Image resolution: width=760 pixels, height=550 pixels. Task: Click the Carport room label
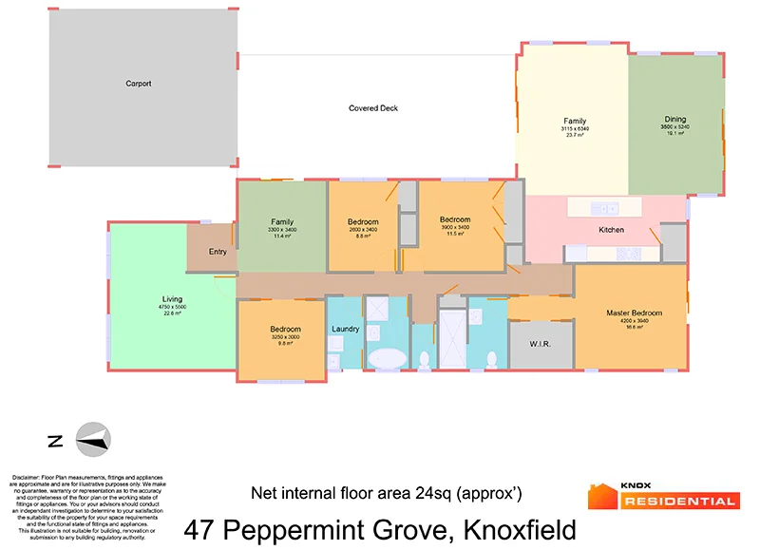point(139,84)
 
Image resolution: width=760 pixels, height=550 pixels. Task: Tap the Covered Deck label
point(373,108)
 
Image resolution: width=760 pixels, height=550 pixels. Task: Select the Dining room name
point(675,121)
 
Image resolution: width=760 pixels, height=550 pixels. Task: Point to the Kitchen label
point(611,231)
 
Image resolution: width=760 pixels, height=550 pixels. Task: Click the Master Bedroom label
point(634,313)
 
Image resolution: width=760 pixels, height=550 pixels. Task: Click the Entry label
point(218,252)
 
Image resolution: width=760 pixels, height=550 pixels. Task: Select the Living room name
point(172,299)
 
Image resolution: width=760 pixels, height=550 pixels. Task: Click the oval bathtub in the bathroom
point(387,359)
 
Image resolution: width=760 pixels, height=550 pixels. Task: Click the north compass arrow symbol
point(93,440)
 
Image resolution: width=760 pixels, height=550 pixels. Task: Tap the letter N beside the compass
point(55,441)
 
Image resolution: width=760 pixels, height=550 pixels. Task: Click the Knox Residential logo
point(663,495)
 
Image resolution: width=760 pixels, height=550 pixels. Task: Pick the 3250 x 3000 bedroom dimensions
point(285,337)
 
